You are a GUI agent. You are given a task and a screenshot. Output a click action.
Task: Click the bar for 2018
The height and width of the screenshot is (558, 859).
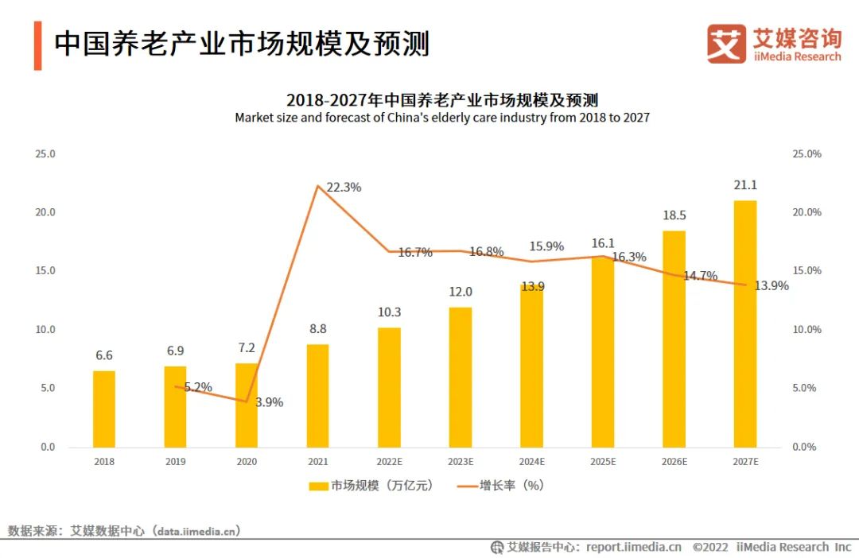[104, 409]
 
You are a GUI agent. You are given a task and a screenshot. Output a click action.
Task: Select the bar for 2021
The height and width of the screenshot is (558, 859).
[317, 395]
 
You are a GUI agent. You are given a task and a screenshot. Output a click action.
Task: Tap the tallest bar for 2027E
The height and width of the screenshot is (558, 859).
[744, 324]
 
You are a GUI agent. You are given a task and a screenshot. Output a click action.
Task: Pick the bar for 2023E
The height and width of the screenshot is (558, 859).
[460, 377]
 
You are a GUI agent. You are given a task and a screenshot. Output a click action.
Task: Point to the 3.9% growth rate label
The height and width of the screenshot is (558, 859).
[269, 402]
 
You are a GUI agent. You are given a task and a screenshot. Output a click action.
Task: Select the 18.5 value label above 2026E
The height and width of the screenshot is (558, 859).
[674, 215]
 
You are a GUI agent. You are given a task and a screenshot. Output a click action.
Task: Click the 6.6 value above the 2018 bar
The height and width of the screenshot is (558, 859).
[104, 355]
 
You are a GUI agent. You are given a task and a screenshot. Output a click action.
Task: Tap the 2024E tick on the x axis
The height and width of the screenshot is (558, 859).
[531, 461]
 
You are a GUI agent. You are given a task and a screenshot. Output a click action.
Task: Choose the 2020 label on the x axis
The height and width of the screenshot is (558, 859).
[247, 461]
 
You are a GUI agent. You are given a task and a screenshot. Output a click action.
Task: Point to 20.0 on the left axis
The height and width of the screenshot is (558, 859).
[45, 212]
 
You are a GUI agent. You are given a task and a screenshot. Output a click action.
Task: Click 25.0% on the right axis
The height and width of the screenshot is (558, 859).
[807, 153]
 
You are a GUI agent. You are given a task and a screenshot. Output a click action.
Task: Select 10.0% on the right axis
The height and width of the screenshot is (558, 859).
[807, 329]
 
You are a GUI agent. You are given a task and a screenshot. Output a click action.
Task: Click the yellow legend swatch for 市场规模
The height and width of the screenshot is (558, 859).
[318, 486]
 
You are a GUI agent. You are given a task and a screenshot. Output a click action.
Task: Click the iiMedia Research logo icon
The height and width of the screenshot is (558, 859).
[726, 44]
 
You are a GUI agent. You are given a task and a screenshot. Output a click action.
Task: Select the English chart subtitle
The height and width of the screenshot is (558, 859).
[442, 118]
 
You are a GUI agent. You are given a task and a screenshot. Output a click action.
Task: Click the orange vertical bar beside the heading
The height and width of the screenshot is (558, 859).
[37, 45]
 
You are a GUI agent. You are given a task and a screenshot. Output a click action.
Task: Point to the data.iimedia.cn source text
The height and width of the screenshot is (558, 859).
[195, 530]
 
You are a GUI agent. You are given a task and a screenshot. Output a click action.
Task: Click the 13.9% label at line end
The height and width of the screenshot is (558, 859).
[771, 286]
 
